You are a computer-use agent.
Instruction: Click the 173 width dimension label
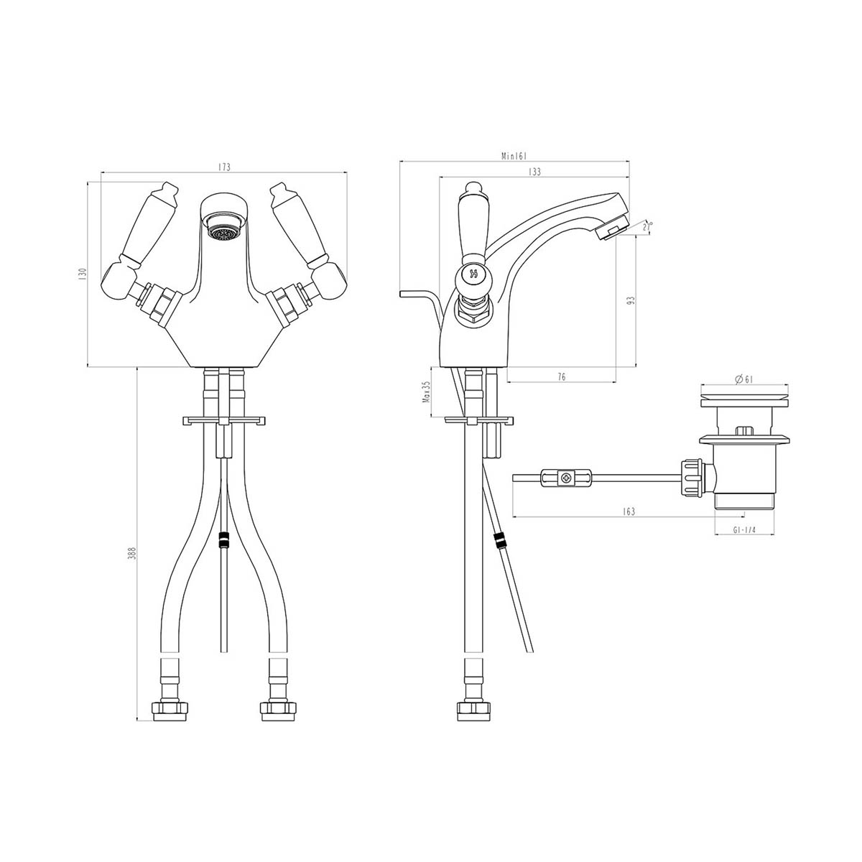[223, 167]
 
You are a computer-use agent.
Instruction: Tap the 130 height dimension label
[82, 274]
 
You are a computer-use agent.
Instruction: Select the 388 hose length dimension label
[131, 553]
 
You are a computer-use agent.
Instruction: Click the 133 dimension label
[534, 172]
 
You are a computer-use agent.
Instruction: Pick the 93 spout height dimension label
[631, 300]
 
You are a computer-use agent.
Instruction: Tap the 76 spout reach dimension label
[561, 376]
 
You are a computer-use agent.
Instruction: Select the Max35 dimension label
[425, 394]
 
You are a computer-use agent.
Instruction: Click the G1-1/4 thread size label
[744, 530]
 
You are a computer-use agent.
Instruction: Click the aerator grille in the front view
[223, 232]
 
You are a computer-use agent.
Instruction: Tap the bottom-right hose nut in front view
[277, 710]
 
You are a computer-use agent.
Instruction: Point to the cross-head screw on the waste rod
[567, 476]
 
